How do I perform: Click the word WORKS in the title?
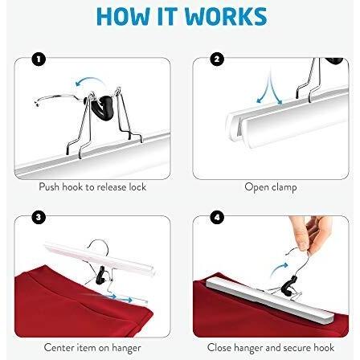(x=226, y=16)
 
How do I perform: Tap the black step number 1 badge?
(x=39, y=59)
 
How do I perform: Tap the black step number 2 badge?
(x=217, y=59)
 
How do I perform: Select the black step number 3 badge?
(x=39, y=217)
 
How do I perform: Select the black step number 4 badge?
(x=217, y=217)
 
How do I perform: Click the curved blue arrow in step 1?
(x=88, y=80)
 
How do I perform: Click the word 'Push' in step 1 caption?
(x=49, y=187)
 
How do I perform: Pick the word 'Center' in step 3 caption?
(x=59, y=348)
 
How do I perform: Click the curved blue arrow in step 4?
(x=279, y=269)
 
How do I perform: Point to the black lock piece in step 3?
(x=101, y=275)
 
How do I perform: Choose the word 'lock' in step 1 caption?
(x=137, y=187)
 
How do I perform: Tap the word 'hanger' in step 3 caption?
(x=126, y=348)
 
